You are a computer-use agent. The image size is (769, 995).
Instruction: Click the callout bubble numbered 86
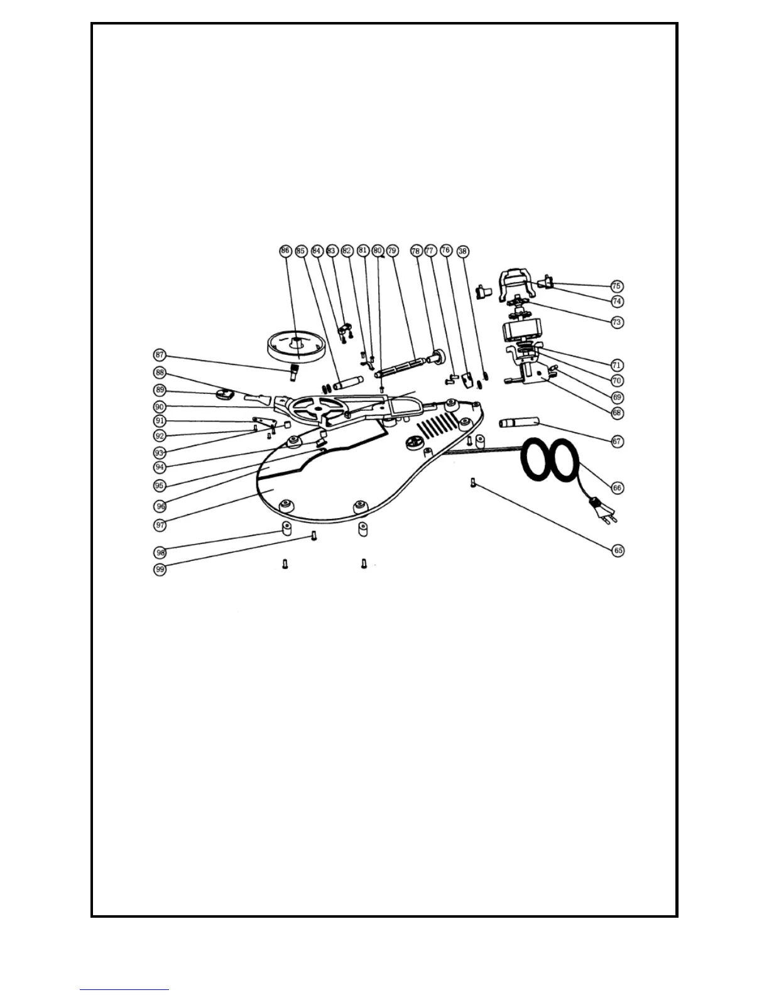tap(285, 251)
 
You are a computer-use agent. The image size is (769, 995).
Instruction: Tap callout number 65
tap(618, 550)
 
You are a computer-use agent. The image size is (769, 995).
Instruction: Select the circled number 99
tap(160, 570)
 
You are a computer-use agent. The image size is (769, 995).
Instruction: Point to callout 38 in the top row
tap(462, 251)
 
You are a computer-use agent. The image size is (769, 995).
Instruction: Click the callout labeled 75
tap(617, 286)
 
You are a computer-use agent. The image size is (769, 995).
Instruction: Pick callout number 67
tap(617, 441)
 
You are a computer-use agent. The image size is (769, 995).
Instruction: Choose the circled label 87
tap(160, 355)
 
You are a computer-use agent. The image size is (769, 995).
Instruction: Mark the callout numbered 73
tap(617, 322)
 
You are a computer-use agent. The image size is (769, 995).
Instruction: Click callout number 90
tap(160, 407)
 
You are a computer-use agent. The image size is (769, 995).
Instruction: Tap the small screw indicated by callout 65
tap(472, 482)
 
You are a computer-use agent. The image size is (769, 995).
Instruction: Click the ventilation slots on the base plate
tap(434, 427)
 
